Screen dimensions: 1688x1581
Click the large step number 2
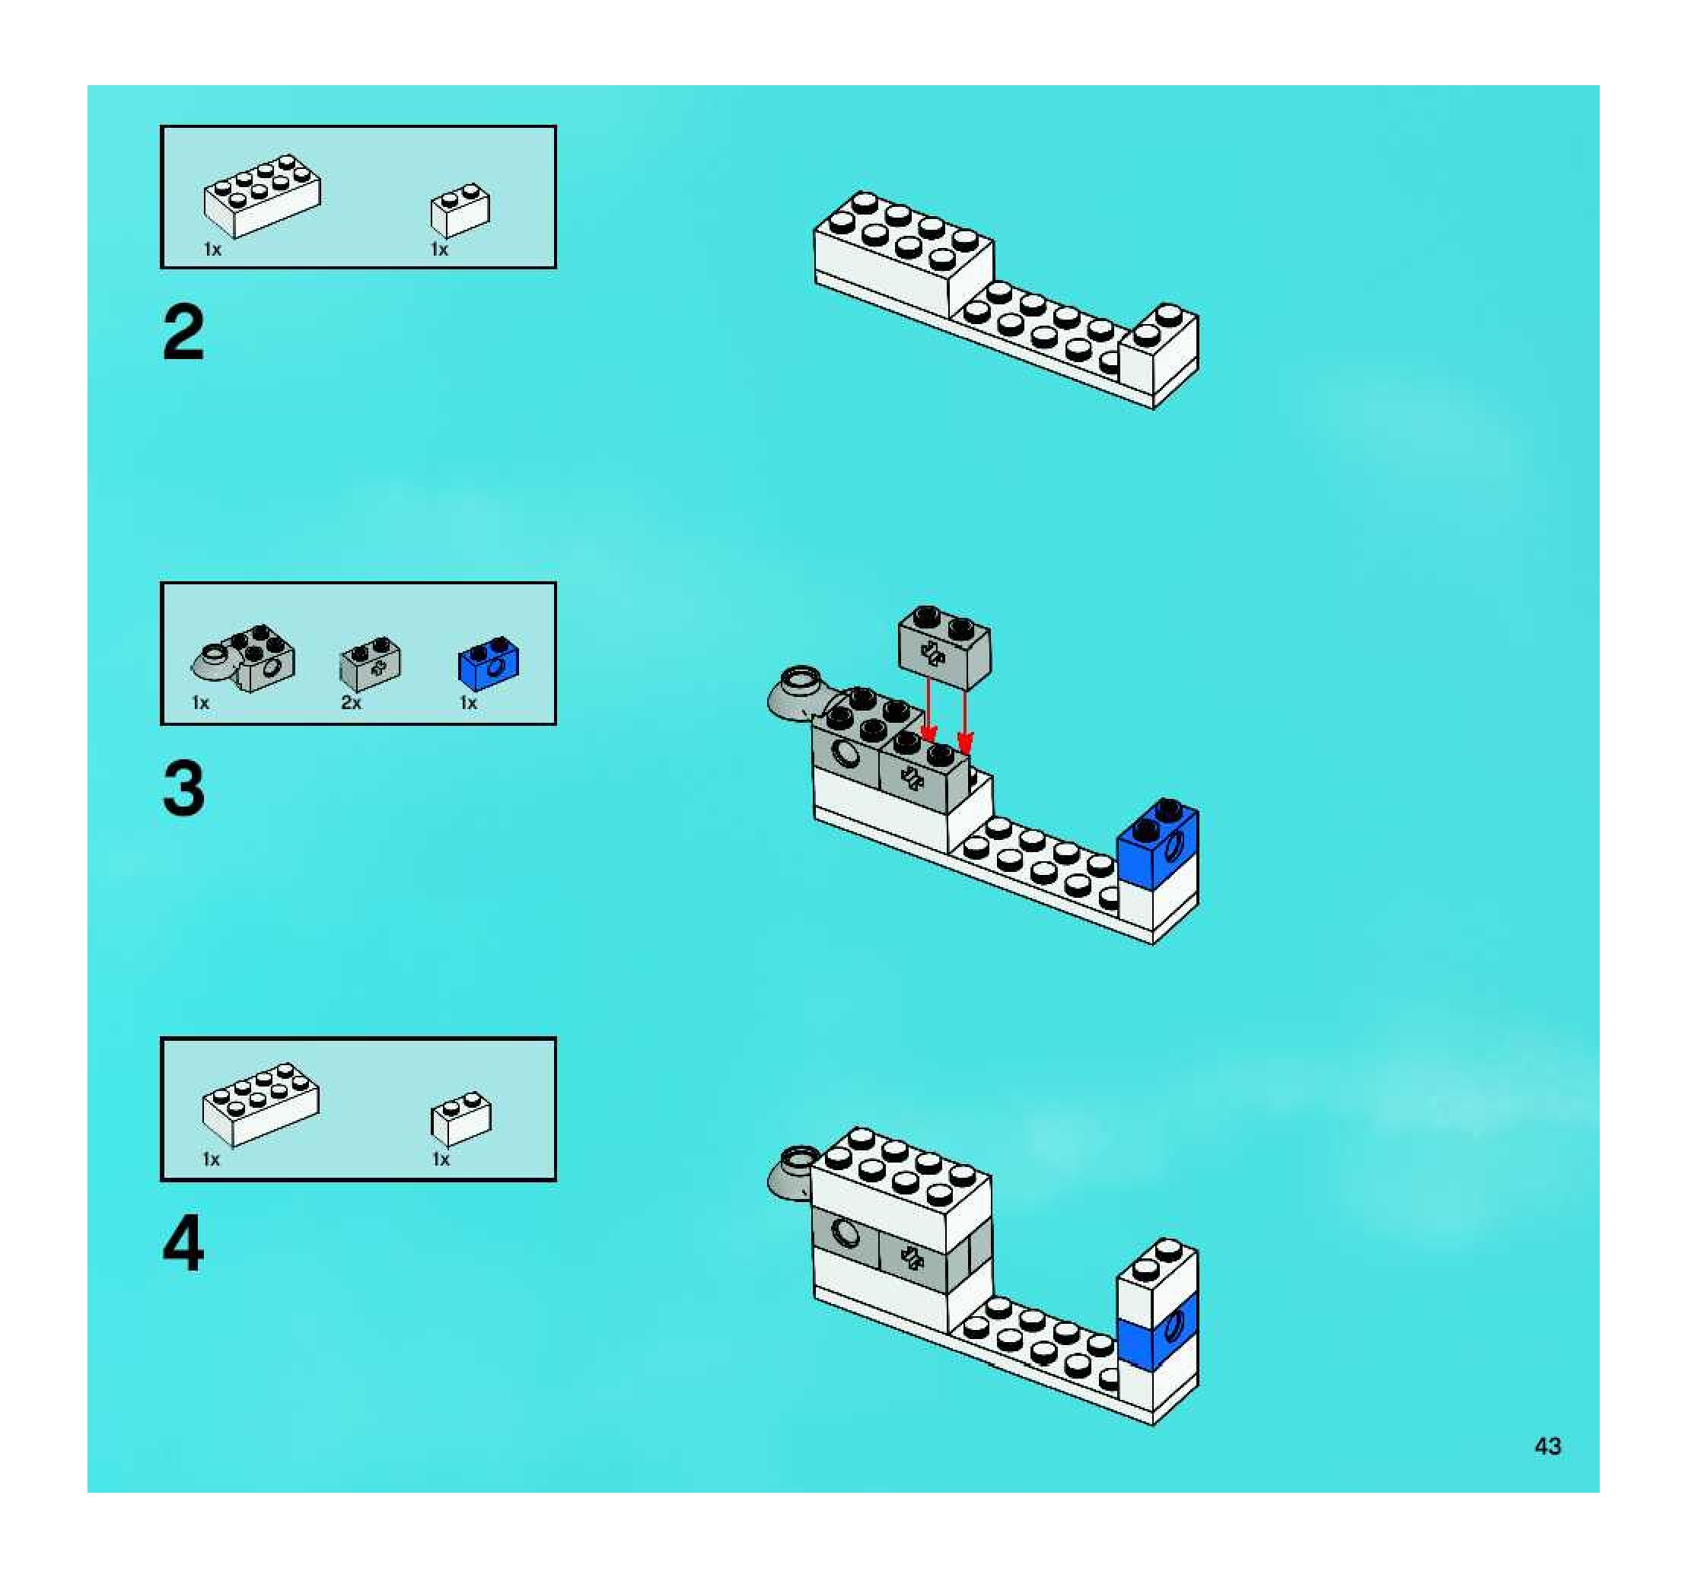pos(183,332)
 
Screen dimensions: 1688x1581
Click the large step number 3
pos(183,788)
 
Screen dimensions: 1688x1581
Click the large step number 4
pos(183,1243)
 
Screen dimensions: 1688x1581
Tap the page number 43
pos(1547,1446)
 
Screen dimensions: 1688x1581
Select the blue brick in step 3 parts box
pos(489,663)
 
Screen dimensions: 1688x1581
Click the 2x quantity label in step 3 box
pos(351,703)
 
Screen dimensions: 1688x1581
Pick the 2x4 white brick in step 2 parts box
pos(263,196)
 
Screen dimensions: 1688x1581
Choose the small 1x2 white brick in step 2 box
pos(460,211)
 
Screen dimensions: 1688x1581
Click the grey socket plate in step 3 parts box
pos(244,660)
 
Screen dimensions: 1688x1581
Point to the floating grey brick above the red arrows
pos(944,647)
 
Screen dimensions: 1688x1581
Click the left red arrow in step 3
pos(929,709)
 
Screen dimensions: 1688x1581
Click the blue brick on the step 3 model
pos(1158,845)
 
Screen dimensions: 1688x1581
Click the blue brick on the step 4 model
pos(1158,1331)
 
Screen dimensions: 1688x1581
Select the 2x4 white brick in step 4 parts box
pos(261,1104)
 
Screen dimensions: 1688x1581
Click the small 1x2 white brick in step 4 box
pos(461,1119)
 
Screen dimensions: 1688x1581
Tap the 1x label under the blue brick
pos(468,703)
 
